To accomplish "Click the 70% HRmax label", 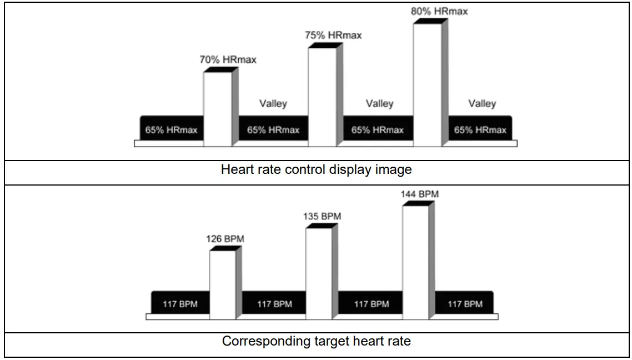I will click(x=228, y=59).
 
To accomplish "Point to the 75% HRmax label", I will click(x=333, y=35).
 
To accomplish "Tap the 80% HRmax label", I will click(x=439, y=11).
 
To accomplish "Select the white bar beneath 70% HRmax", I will click(x=217, y=109).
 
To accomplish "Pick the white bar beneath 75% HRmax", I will click(x=322, y=97).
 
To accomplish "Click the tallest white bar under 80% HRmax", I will click(x=427, y=84).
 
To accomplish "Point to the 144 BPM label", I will click(x=420, y=194).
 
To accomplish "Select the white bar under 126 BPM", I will click(x=222, y=285).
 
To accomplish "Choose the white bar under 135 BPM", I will click(x=319, y=273).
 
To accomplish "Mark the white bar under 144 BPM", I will click(x=415, y=262).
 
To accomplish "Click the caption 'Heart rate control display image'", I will click(x=316, y=169).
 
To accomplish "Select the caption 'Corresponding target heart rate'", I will click(x=316, y=341).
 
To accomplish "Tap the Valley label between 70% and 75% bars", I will click(x=273, y=104).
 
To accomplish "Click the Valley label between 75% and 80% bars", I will click(x=380, y=104).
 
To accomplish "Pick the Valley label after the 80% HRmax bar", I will click(x=482, y=104).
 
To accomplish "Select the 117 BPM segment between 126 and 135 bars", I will click(x=274, y=304).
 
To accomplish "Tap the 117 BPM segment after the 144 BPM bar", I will click(x=465, y=304).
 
